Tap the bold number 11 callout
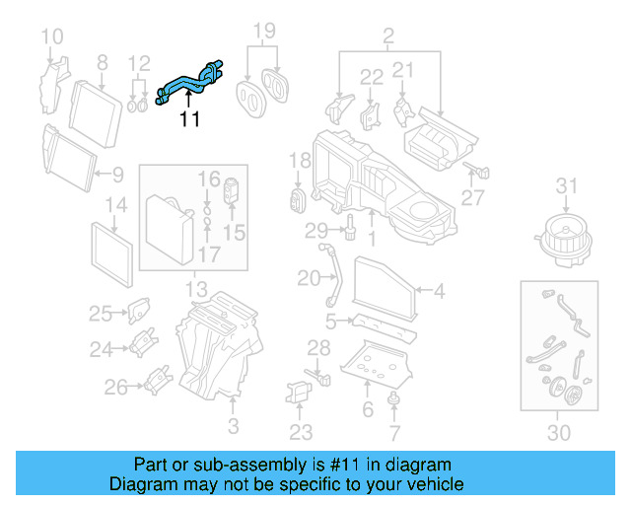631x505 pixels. (189, 120)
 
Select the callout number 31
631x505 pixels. (565, 185)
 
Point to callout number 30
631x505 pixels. (559, 432)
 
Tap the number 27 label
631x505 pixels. (473, 198)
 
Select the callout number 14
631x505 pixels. (116, 207)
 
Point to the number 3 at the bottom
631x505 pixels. (233, 426)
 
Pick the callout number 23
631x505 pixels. (301, 432)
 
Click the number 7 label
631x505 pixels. (394, 432)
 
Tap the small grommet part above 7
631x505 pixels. (394, 398)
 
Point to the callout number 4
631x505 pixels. (440, 290)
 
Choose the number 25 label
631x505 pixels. (101, 314)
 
